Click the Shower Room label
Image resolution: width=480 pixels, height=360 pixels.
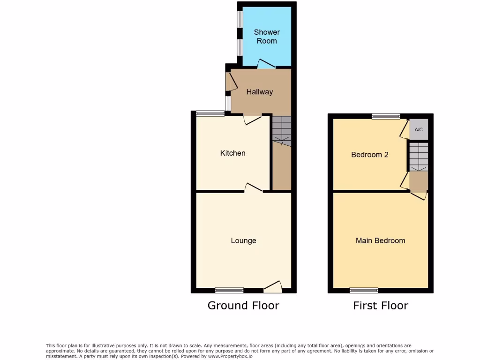(x=267, y=37)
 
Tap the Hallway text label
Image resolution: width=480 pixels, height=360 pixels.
(x=259, y=92)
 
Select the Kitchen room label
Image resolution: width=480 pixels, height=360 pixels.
(x=232, y=153)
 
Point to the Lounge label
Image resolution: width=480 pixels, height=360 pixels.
(x=243, y=241)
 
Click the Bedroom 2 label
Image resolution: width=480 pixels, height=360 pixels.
(x=370, y=155)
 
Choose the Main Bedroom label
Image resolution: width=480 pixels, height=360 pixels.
(x=380, y=241)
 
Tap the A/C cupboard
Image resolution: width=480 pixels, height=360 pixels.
(x=419, y=130)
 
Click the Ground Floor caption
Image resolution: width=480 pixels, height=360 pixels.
(x=243, y=306)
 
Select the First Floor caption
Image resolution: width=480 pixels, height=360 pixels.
(x=381, y=306)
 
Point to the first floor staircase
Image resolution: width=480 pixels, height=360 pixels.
(x=418, y=157)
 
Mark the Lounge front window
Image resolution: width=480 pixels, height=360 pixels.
(x=229, y=290)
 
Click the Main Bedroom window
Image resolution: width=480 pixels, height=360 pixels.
(x=364, y=290)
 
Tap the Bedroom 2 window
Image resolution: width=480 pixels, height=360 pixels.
(x=386, y=116)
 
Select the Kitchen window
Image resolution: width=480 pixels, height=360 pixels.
(x=210, y=113)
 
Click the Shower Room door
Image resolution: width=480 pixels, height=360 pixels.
(x=266, y=65)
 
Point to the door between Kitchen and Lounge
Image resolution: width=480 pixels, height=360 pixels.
(x=253, y=188)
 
